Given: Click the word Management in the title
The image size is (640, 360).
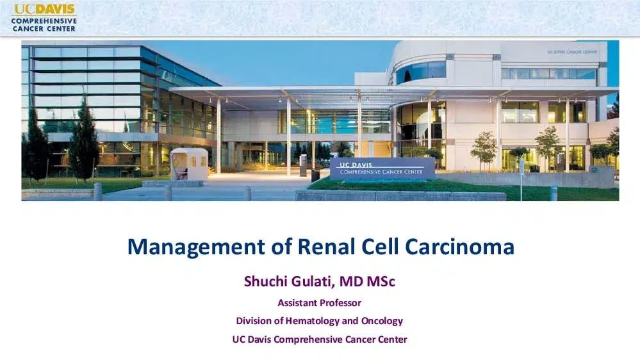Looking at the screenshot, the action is [196, 247].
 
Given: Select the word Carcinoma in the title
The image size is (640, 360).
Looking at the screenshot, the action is [459, 247].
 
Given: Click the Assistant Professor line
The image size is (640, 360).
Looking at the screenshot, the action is [320, 303].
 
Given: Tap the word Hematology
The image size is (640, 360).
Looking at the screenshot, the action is [312, 321].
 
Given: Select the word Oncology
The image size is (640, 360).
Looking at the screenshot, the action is [382, 321].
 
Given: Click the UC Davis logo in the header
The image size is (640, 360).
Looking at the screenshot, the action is [44, 18].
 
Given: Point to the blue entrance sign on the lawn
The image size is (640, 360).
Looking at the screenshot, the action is [382, 168].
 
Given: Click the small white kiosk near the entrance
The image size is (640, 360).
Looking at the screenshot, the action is [189, 164].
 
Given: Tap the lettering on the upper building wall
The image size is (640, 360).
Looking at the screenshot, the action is [572, 52].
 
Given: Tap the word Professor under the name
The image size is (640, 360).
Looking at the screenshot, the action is [340, 303].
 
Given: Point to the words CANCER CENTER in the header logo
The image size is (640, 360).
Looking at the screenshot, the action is [44, 29].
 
